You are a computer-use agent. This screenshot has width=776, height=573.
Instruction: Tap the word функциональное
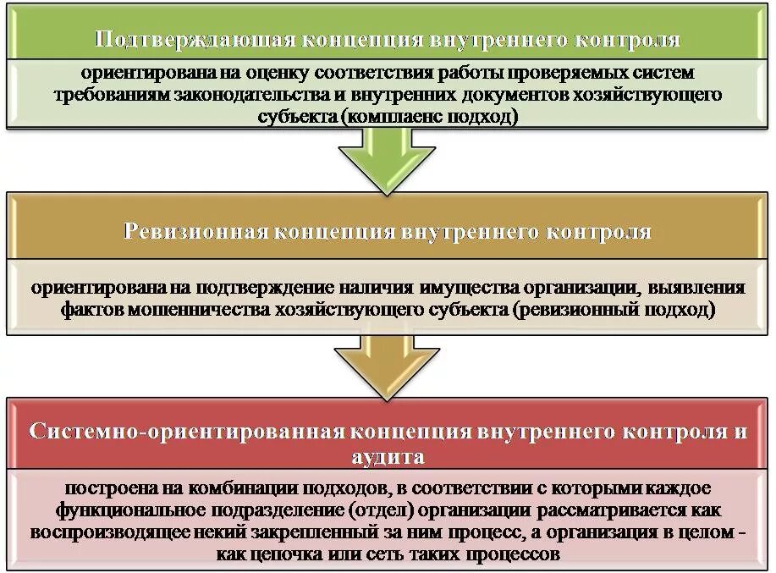point(124,512)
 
